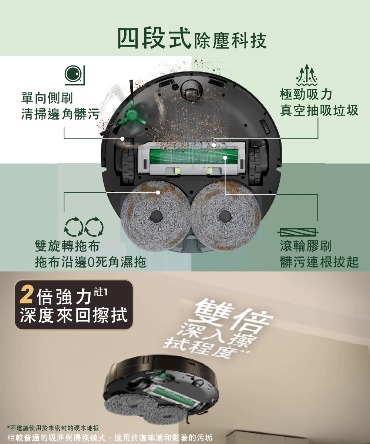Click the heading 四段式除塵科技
(192, 38)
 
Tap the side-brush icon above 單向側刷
(75, 75)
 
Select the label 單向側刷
(47, 98)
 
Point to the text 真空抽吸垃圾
(319, 110)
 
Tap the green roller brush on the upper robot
(193, 158)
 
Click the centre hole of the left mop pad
(156, 217)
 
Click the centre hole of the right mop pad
(225, 217)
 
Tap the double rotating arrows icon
(84, 227)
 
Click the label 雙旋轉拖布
(67, 246)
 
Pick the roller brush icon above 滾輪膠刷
(298, 232)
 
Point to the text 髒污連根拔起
(319, 262)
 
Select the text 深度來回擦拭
(74, 315)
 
